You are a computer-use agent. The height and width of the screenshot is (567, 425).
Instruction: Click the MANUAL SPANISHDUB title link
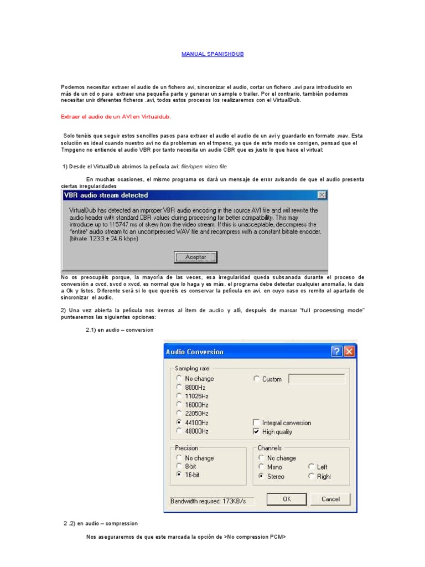tap(212, 54)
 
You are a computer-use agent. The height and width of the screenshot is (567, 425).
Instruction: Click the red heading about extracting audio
tap(116, 117)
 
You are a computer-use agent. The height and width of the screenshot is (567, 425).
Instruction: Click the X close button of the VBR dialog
tap(322, 195)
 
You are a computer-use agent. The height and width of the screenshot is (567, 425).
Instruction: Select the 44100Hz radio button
tap(179, 422)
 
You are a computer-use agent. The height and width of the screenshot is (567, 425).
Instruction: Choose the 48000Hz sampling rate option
tap(179, 431)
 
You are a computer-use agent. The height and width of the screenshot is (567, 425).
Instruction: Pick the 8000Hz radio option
tap(179, 388)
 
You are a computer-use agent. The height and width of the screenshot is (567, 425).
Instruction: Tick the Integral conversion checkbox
tap(256, 422)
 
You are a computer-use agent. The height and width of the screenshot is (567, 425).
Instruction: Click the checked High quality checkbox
tap(256, 431)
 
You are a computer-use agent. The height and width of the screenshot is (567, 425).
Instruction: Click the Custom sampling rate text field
tap(317, 379)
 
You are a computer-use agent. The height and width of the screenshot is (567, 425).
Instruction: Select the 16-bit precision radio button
tap(179, 475)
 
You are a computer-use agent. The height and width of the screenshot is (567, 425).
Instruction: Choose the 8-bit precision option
tap(179, 466)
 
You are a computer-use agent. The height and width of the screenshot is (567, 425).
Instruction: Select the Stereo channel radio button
tap(261, 476)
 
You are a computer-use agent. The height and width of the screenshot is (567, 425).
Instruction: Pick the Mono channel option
tap(261, 467)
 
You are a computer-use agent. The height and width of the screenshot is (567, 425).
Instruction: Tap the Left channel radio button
tap(312, 467)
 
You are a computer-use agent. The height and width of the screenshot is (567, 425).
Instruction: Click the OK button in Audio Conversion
tap(287, 499)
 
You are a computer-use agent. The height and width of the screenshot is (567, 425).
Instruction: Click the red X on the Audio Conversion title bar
tap(349, 352)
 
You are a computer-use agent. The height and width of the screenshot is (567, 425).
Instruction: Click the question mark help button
tap(336, 352)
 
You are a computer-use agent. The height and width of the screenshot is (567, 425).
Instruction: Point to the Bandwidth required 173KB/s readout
tap(212, 501)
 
